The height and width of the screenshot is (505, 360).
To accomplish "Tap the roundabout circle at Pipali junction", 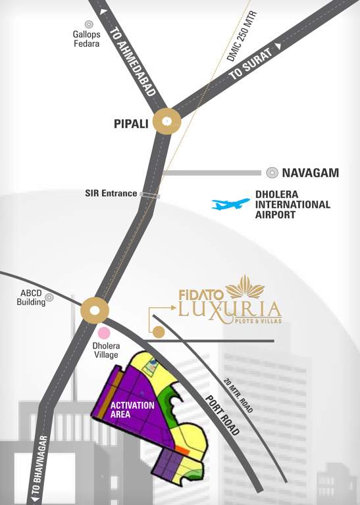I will tap(167, 122).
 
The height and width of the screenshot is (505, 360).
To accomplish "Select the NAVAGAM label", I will tap(311, 173).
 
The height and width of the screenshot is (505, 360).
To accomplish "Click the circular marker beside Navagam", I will tap(272, 173).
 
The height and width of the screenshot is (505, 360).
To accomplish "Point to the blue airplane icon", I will tap(230, 204).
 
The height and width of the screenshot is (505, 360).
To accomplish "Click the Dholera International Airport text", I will tap(292, 204).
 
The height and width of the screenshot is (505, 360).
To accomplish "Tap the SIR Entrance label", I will tap(111, 193).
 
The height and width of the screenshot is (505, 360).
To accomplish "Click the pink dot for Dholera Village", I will tap(104, 333).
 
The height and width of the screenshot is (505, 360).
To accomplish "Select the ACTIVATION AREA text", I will tap(132, 410).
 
